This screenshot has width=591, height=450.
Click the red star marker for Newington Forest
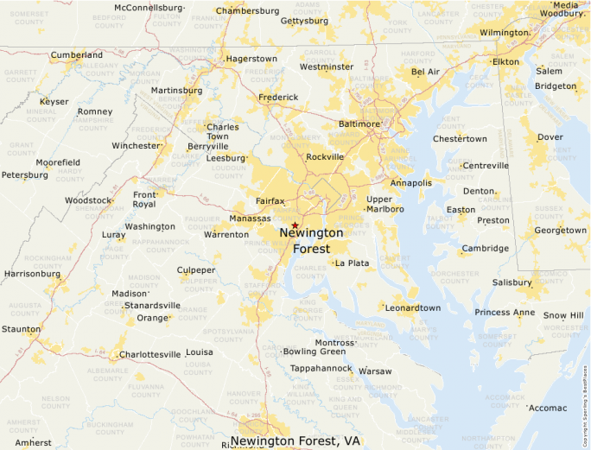click(295, 225)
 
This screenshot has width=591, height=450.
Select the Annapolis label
click(410, 183)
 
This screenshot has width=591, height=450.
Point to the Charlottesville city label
click(150, 354)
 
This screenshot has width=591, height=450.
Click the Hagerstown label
click(251, 59)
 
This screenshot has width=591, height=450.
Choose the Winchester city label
click(137, 145)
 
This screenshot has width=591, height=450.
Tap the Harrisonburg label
click(32, 274)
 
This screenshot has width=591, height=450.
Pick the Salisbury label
click(512, 282)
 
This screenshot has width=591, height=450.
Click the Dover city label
click(550, 136)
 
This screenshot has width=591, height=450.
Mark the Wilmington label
click(504, 33)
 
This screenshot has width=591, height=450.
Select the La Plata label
click(352, 263)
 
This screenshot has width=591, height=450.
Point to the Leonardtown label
click(413, 307)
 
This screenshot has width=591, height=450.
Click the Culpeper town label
click(196, 270)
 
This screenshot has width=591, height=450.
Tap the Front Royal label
click(144, 200)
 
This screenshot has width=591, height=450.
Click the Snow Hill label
click(563, 315)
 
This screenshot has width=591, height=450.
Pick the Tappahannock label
click(321, 368)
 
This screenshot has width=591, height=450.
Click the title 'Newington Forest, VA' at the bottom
click(295, 440)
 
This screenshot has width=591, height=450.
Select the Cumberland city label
click(77, 55)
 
